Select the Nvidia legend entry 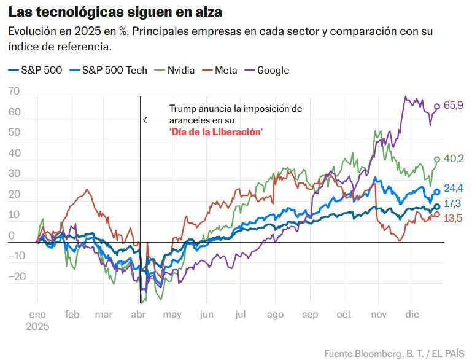pyautogui.click(x=181, y=70)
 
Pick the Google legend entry pyautogui.click(x=273, y=70)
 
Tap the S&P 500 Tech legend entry pyautogui.click(x=115, y=70)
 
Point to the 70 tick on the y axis pyautogui.click(x=14, y=92)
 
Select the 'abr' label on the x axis pyautogui.click(x=138, y=315)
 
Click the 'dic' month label pyautogui.click(x=411, y=315)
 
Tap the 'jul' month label pyautogui.click(x=240, y=315)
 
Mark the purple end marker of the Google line pyautogui.click(x=437, y=106)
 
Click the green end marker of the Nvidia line pyautogui.click(x=437, y=159)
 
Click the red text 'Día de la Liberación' pyautogui.click(x=216, y=131)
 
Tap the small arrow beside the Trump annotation pyautogui.click(x=147, y=120)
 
